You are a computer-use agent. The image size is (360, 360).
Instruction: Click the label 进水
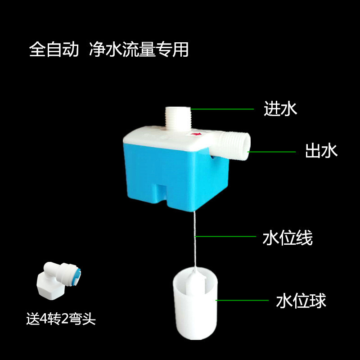280,109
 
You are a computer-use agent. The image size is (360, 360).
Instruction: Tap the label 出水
321,151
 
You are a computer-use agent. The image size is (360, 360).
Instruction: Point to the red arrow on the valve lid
196,134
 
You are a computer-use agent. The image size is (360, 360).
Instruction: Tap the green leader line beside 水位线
225,236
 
